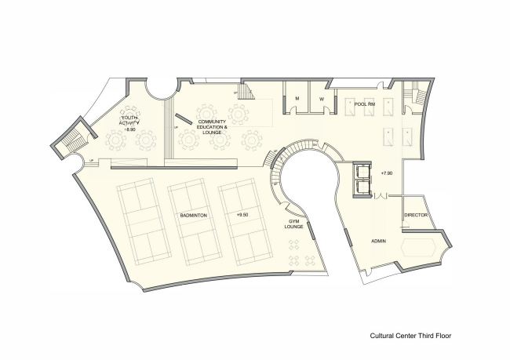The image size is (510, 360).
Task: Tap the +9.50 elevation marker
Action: [x=242, y=213]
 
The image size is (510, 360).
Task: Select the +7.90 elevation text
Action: [x=385, y=172]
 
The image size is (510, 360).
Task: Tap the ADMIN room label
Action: [x=381, y=241]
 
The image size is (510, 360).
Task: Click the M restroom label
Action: [x=297, y=98]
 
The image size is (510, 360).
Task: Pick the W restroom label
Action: [x=321, y=98]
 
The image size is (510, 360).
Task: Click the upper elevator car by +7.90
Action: [x=362, y=171]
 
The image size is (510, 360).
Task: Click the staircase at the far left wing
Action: [x=68, y=140]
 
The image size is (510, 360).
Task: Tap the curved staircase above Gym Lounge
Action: [x=279, y=169]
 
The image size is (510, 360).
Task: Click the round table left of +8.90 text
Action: [x=115, y=140]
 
